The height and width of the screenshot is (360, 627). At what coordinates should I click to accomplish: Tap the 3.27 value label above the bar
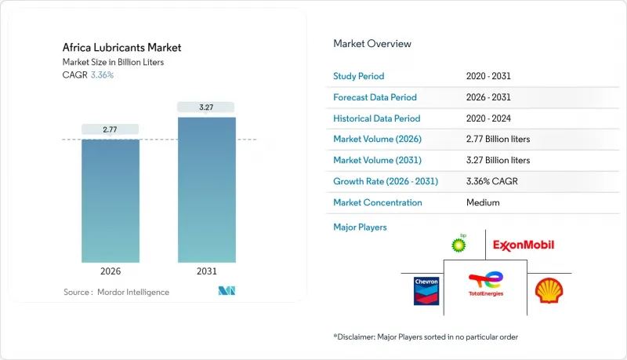(206, 106)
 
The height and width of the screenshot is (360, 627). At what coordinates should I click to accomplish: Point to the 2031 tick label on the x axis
(206, 272)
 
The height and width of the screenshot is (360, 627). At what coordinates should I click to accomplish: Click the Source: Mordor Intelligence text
(116, 292)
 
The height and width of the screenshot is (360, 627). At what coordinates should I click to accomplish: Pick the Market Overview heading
(372, 43)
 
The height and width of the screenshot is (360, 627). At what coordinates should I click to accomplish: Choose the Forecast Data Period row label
(375, 97)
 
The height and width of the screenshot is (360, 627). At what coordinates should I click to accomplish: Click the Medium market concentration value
(482, 202)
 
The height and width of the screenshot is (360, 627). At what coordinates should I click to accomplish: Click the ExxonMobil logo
(524, 245)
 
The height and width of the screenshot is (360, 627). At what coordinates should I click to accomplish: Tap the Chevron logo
(426, 290)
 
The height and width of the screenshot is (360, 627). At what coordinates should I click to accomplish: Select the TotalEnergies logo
(486, 285)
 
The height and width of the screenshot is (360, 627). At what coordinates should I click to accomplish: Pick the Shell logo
(548, 291)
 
